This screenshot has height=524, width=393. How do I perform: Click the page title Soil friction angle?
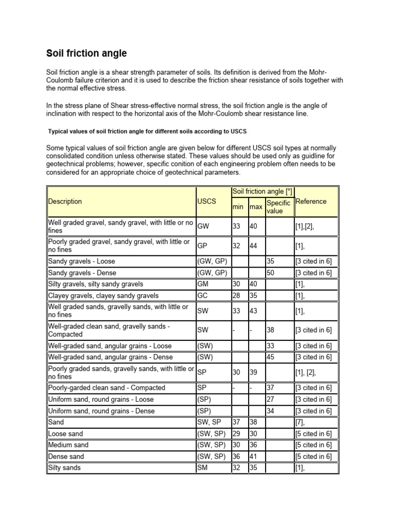86,53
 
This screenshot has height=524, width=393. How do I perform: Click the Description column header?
65,202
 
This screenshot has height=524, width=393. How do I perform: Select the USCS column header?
207,202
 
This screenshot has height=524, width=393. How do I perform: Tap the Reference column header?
311,202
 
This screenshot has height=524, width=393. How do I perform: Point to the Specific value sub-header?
278,207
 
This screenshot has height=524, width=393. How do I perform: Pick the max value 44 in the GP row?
253,246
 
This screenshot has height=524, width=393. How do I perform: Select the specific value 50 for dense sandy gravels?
271,273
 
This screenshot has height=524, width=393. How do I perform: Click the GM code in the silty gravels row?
203,284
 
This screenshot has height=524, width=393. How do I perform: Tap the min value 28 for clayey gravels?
236,295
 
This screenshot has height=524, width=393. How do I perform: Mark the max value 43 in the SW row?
253,311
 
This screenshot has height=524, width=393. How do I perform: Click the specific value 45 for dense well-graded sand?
271,357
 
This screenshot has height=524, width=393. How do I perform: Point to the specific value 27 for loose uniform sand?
271,399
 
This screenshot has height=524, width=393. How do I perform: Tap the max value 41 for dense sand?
253,456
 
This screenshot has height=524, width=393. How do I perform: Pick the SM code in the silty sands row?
203,468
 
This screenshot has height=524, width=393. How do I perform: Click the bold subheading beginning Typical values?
148,131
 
